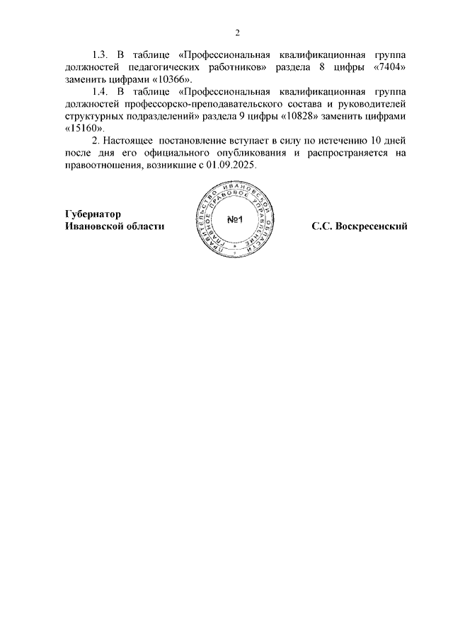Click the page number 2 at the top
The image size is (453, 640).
click(237, 33)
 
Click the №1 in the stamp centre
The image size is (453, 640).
click(235, 219)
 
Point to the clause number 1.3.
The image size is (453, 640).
click(101, 54)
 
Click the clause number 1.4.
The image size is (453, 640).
click(101, 91)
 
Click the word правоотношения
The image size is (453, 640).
click(101, 165)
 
